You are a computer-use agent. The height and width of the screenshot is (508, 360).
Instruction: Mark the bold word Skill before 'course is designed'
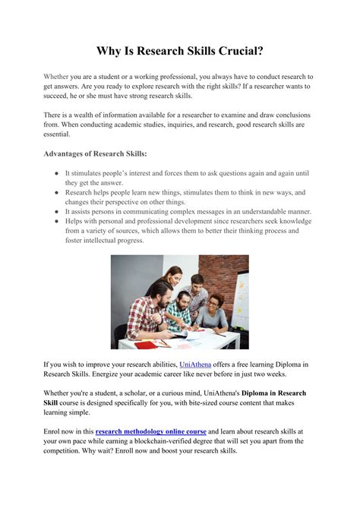point(53,402)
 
